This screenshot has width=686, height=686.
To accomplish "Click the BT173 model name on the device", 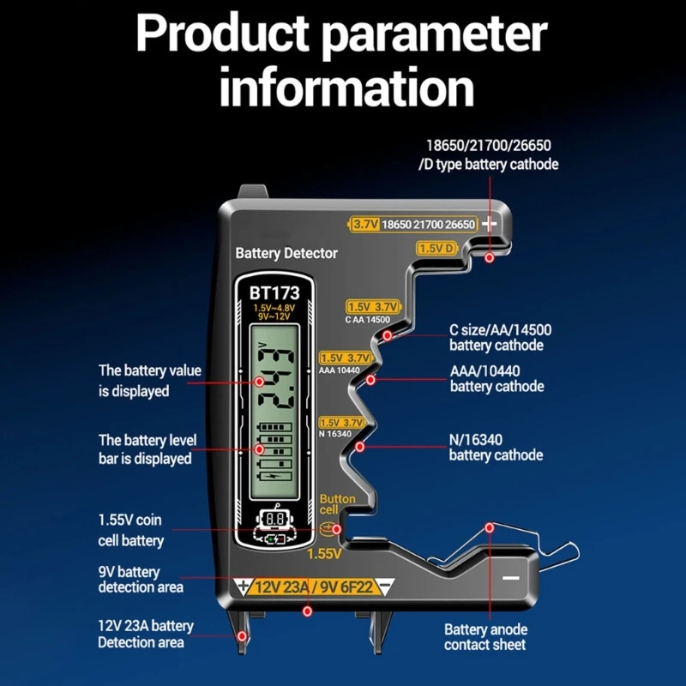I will (x=274, y=292).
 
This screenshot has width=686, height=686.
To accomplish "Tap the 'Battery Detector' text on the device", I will (x=286, y=253).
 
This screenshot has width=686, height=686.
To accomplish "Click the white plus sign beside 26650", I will (x=490, y=224).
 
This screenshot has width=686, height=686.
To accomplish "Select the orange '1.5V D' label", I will (x=436, y=248).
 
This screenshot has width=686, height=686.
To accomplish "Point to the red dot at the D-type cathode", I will (x=489, y=257).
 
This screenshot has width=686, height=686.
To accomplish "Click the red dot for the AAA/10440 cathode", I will (x=370, y=379).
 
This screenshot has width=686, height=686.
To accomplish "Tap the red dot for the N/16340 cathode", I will (x=360, y=447).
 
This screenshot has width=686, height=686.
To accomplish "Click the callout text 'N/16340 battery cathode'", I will (x=496, y=447).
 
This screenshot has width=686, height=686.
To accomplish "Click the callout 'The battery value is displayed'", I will (x=149, y=381).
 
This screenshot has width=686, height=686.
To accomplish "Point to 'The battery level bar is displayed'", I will (x=147, y=449).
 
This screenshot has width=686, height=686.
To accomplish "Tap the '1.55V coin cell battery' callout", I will (x=130, y=530).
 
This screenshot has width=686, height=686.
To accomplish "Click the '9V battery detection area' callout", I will (x=141, y=579).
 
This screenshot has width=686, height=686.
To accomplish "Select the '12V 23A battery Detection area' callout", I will (x=145, y=634).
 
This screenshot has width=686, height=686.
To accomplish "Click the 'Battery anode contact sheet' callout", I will (x=485, y=636).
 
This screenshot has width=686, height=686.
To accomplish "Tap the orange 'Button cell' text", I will (x=337, y=504).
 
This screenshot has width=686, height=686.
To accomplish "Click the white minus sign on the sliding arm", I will (x=511, y=578).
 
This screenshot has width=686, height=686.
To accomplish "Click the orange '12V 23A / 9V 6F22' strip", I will (x=315, y=587).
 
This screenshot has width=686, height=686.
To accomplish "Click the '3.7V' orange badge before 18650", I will (x=365, y=224).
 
